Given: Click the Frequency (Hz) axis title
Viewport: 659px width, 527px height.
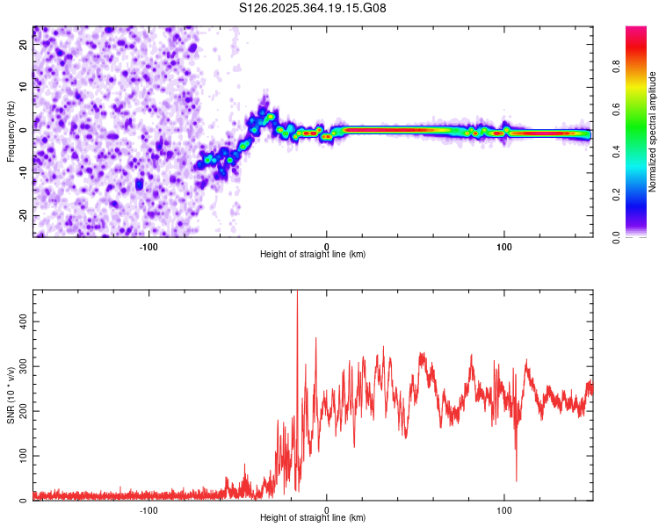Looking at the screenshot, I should [11, 132].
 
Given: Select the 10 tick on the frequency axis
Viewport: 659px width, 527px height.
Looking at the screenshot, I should [24, 88].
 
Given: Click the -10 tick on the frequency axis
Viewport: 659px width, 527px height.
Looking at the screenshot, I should [24, 173].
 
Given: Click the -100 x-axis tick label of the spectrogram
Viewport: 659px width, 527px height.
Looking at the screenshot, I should [148, 245].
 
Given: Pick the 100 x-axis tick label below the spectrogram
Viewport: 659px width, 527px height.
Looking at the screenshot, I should [504, 245].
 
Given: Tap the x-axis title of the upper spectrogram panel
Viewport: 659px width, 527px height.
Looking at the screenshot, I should [313, 255].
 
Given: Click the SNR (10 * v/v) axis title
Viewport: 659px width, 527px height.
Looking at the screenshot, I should [11, 395].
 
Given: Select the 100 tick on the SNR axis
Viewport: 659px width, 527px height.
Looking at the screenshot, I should [24, 456].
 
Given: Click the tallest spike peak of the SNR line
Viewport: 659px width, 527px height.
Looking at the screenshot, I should [297, 292].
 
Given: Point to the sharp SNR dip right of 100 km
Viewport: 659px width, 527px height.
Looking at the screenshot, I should [516, 480].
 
